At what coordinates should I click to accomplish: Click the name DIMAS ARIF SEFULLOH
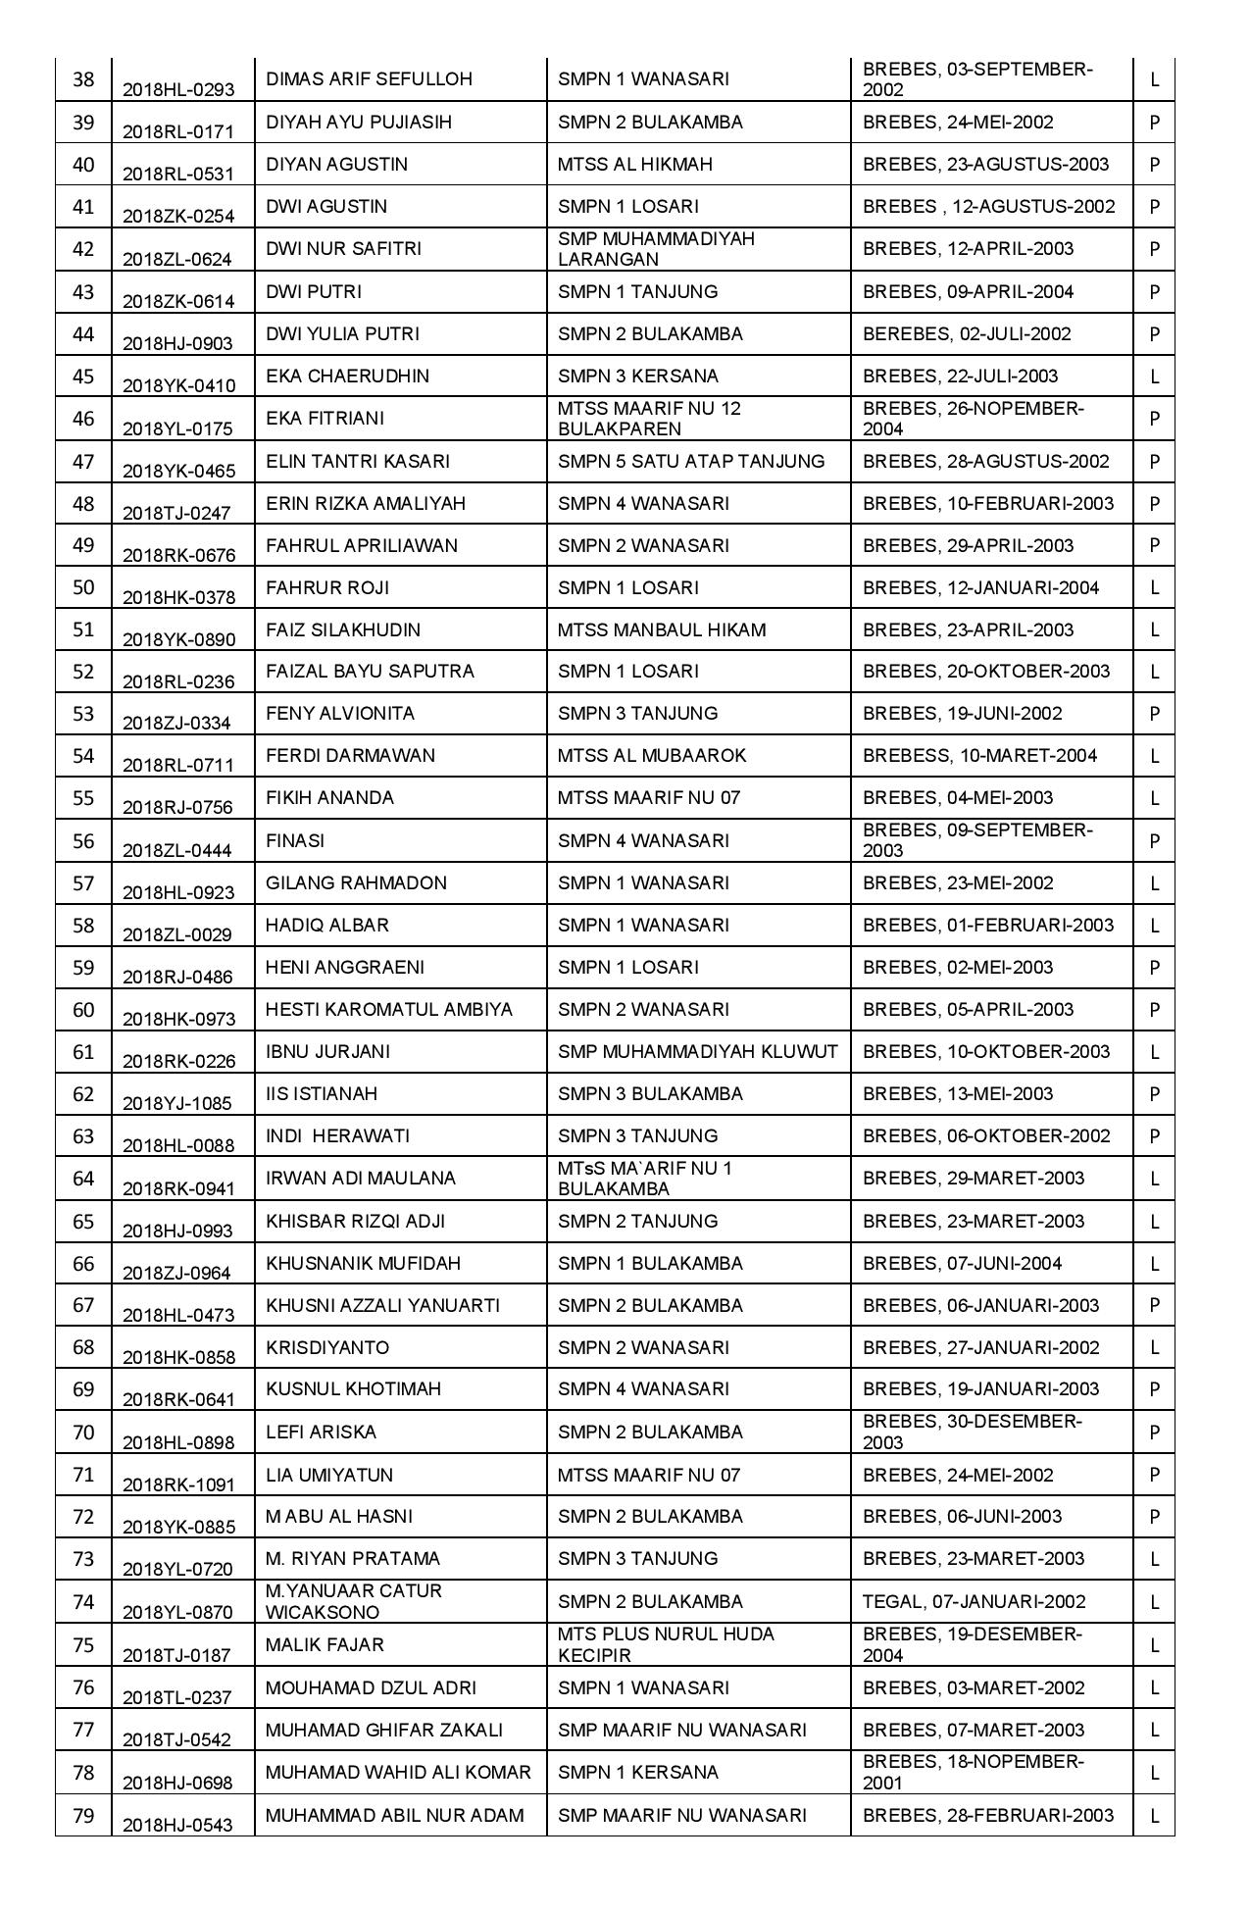369,79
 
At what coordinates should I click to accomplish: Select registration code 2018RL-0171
178,131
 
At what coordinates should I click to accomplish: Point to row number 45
83,377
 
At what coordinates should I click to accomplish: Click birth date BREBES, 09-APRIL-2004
968,292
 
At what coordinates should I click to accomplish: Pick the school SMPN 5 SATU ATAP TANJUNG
691,462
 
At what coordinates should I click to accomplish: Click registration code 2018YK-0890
178,639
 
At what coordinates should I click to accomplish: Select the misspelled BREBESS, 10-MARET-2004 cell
979,756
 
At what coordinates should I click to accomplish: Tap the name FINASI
295,841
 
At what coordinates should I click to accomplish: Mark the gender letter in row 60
1154,1010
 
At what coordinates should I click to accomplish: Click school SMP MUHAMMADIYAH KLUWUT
697,1052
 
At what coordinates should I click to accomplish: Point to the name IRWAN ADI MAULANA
361,1179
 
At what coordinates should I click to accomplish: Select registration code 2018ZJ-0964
178,1273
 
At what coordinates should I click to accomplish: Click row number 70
83,1433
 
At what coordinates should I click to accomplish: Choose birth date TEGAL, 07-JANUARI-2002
974,1602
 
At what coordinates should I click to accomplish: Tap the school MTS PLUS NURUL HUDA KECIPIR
666,1644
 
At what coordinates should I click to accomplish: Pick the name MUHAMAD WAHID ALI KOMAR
398,1773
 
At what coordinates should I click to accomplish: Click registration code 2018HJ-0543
178,1825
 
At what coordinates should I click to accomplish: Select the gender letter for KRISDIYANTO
1154,1348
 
